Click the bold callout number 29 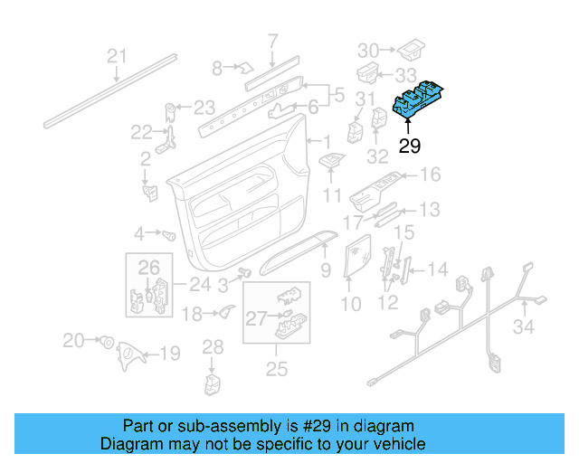click(x=410, y=146)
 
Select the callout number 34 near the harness click(x=525, y=326)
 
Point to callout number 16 click(x=430, y=175)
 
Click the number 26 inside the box click(x=148, y=267)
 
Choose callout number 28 click(x=213, y=346)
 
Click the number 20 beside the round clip click(x=73, y=340)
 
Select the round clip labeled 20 click(x=107, y=342)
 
